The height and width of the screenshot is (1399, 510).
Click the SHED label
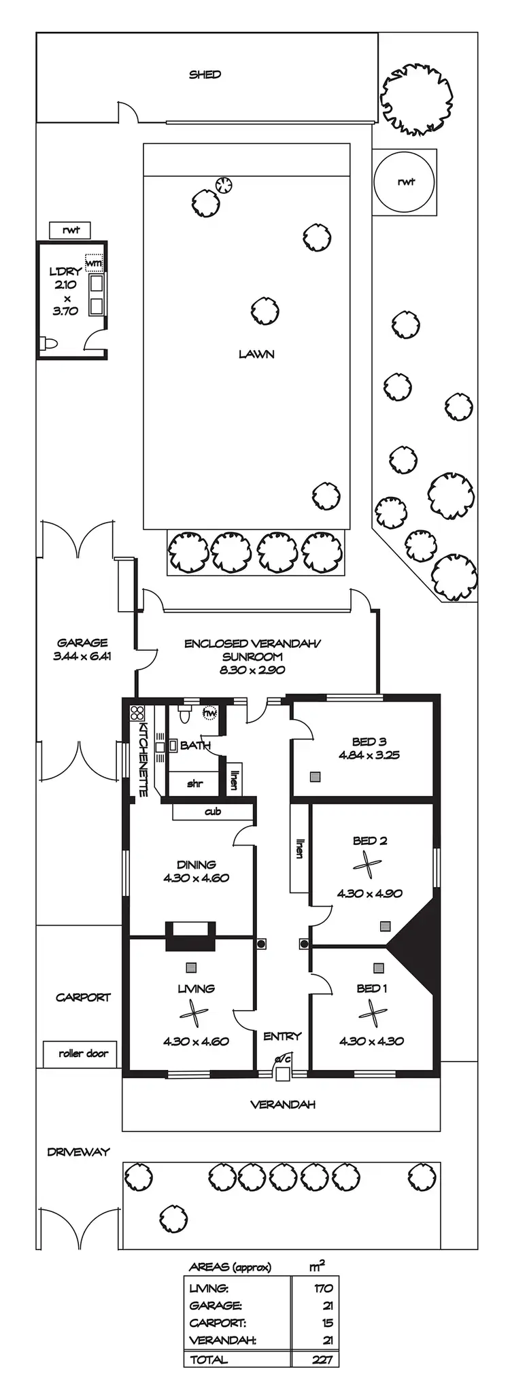tap(205, 75)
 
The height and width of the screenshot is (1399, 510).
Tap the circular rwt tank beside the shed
tap(405, 182)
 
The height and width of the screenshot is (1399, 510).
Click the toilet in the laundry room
tap(48, 343)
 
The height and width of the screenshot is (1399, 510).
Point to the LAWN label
tap(256, 354)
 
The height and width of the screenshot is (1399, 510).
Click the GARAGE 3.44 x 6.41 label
tap(82, 649)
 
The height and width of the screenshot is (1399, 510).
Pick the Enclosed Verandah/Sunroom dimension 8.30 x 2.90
tap(252, 670)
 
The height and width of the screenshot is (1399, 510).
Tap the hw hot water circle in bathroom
tap(210, 713)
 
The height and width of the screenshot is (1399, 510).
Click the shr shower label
tap(194, 784)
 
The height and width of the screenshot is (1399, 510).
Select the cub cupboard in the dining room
tap(213, 812)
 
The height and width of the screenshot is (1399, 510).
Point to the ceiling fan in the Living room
tap(194, 1015)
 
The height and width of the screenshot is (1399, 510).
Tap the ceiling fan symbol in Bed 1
tap(372, 1014)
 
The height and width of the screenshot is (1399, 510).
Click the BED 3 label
tap(369, 742)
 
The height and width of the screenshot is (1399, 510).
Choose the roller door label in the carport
tap(83, 1054)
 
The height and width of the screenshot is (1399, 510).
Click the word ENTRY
tap(282, 1037)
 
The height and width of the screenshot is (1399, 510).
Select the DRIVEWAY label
tap(78, 1152)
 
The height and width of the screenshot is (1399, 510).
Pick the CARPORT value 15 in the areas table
tap(327, 1323)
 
